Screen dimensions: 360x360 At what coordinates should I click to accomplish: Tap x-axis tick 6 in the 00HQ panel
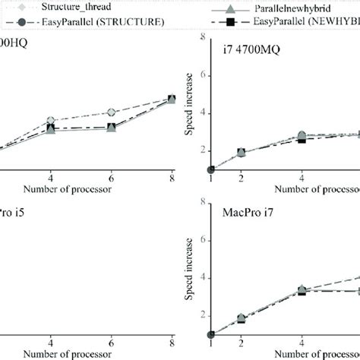click(x=112, y=179)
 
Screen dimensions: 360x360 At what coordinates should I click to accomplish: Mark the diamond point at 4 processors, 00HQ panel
click(x=51, y=121)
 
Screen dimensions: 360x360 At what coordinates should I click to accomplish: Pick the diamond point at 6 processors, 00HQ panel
click(x=112, y=112)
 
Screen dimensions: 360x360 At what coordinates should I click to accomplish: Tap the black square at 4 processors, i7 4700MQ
click(x=302, y=139)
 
